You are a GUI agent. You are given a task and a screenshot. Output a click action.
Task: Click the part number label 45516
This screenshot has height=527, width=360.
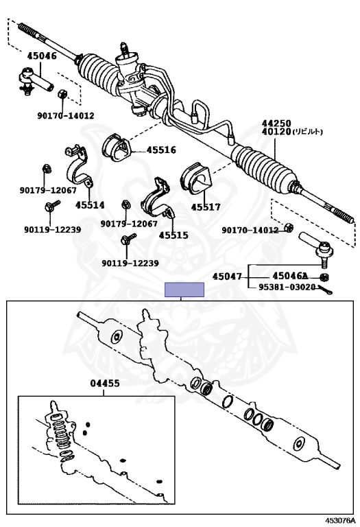(x=143, y=150)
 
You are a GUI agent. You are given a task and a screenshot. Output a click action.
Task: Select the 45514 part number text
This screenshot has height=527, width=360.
(x=90, y=204)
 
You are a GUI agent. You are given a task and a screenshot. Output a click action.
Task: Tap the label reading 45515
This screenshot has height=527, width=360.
(x=173, y=235)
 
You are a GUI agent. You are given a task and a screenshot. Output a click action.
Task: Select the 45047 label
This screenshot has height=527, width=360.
(x=227, y=277)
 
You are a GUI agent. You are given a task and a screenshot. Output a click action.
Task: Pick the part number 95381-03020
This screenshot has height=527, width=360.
(x=287, y=287)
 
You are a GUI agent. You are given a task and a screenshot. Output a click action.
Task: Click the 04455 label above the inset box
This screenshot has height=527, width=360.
(x=104, y=384)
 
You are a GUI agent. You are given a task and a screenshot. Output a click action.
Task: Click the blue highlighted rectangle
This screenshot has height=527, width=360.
(x=184, y=290)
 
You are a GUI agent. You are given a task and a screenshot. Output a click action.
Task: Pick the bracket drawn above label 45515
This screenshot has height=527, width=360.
(x=158, y=200)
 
